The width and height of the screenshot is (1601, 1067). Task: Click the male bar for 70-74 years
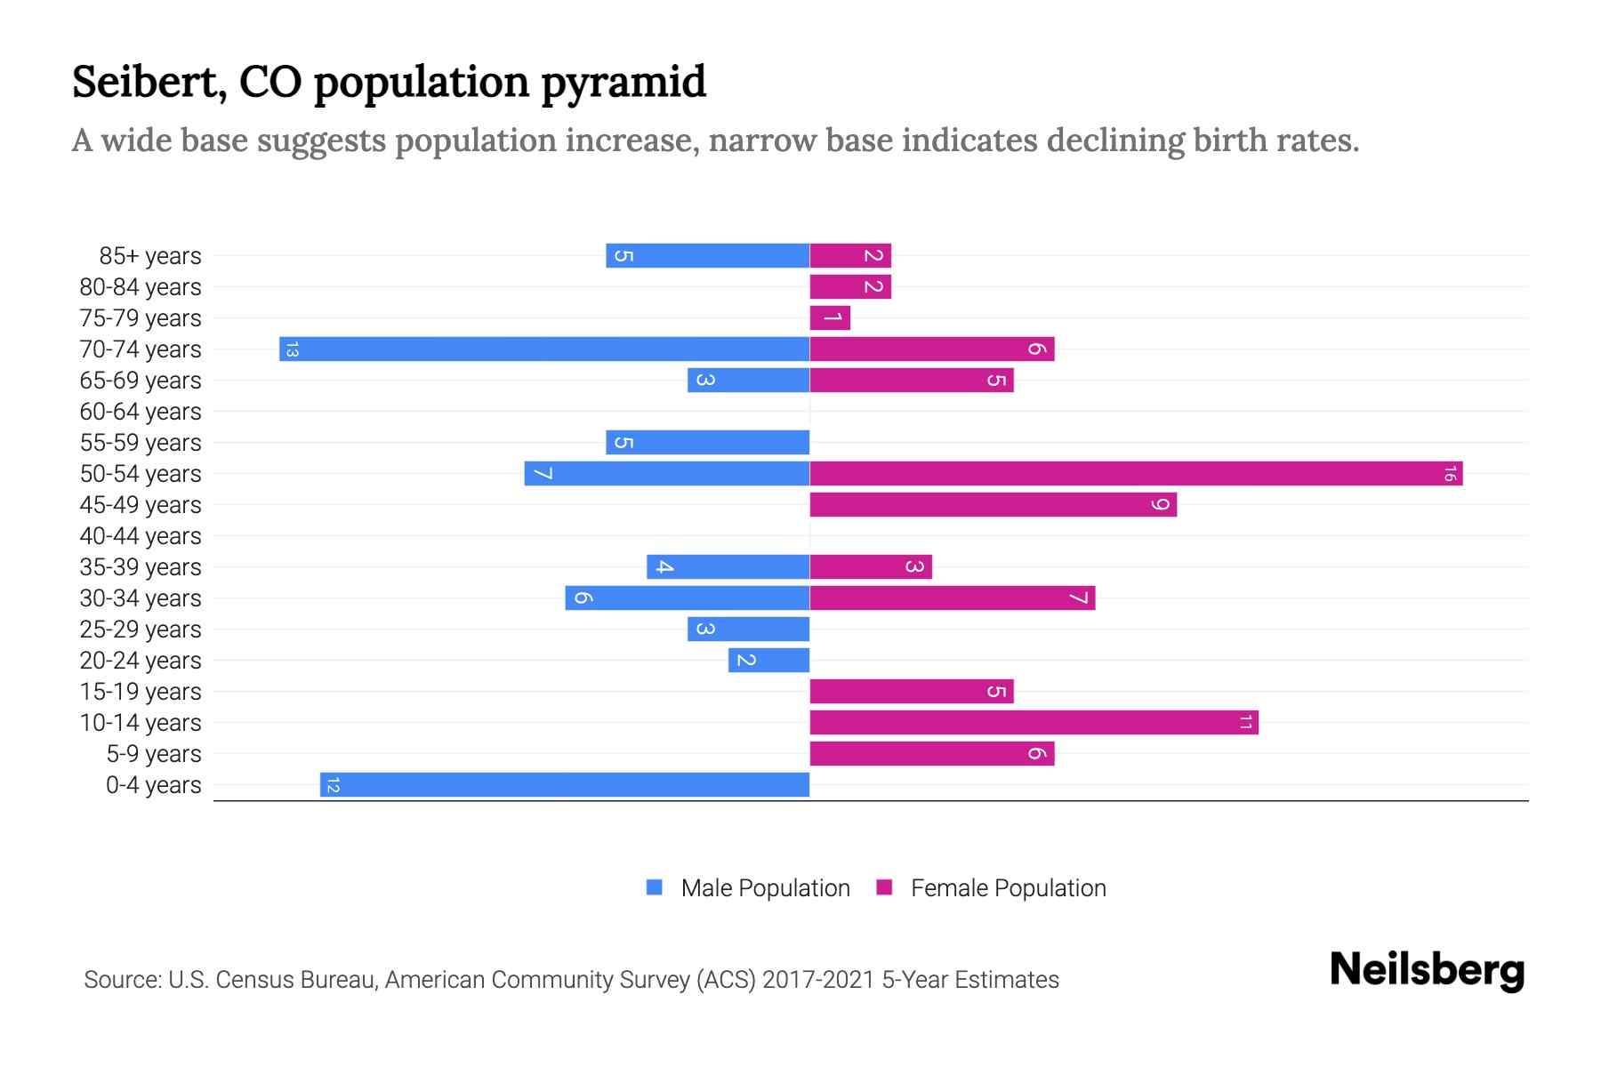(544, 349)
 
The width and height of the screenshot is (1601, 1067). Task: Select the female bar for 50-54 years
(1136, 473)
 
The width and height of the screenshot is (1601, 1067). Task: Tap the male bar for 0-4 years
(565, 784)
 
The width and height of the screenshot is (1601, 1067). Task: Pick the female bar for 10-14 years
(1034, 722)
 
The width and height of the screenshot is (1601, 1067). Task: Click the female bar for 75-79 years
(830, 317)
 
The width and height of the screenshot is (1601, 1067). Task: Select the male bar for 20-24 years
(768, 660)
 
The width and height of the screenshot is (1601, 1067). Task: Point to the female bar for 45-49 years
(993, 504)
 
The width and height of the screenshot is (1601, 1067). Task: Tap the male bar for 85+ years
(708, 255)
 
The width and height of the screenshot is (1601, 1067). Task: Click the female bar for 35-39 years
(871, 566)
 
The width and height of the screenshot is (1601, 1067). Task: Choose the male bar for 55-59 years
(708, 442)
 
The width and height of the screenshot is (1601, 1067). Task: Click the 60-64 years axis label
(141, 412)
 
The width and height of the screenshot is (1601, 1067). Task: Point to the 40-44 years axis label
(141, 536)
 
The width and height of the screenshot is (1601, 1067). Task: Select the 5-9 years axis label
(153, 754)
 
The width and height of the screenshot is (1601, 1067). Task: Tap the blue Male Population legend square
(655, 887)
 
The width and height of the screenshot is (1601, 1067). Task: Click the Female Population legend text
(1008, 888)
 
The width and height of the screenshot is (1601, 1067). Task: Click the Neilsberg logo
(1427, 969)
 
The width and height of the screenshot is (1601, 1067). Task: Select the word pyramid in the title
(624, 83)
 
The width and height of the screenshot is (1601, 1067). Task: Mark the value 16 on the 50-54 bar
(1450, 474)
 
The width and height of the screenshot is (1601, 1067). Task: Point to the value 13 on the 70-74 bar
(292, 349)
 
